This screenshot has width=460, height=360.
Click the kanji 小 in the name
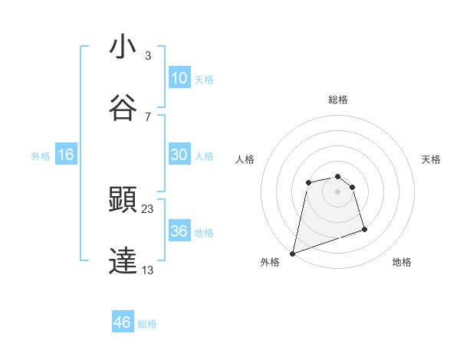tap(123, 47)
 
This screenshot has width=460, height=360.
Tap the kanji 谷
tap(123, 109)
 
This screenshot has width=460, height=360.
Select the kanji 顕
tap(123, 200)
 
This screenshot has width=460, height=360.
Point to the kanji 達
tap(123, 261)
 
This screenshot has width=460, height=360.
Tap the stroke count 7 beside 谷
tap(148, 117)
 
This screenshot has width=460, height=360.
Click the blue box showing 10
tap(179, 77)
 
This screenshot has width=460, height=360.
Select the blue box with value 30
tap(179, 154)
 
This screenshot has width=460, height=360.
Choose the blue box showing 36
tap(179, 231)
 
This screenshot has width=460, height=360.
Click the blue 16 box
tap(66, 155)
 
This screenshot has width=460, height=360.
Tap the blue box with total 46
tap(123, 322)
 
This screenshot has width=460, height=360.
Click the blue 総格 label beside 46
tap(147, 324)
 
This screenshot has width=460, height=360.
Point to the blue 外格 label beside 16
tap(41, 155)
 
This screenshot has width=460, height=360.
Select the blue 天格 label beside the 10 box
tap(204, 79)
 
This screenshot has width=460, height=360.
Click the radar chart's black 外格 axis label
tap(270, 263)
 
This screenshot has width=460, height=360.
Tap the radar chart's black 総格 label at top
tap(338, 100)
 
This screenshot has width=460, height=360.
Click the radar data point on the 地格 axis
tap(364, 229)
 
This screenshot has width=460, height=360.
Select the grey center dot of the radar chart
tap(338, 191)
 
